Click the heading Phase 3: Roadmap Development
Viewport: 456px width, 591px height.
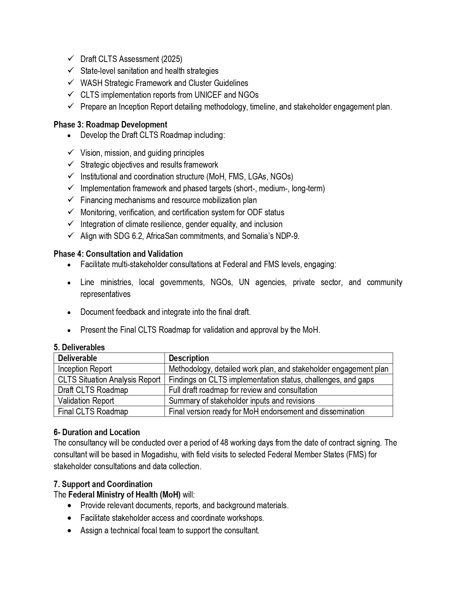(110, 125)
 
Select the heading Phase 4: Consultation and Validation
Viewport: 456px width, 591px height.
(118, 254)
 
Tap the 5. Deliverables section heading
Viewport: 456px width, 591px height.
(79, 347)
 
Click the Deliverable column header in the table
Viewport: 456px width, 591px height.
(77, 358)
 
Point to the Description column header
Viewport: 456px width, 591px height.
(188, 358)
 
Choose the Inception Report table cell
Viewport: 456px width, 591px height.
(85, 369)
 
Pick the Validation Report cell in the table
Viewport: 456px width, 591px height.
(86, 401)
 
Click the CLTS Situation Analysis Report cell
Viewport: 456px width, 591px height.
(109, 380)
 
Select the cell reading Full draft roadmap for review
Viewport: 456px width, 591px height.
(243, 390)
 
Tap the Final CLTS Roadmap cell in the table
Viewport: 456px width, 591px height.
(93, 412)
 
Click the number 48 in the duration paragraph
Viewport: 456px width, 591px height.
(224, 443)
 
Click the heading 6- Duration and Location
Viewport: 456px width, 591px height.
(97, 432)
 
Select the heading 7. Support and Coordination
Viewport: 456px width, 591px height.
(103, 484)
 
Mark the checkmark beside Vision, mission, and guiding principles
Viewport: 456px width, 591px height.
(70, 153)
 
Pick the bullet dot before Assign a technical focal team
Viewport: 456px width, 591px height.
(69, 530)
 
